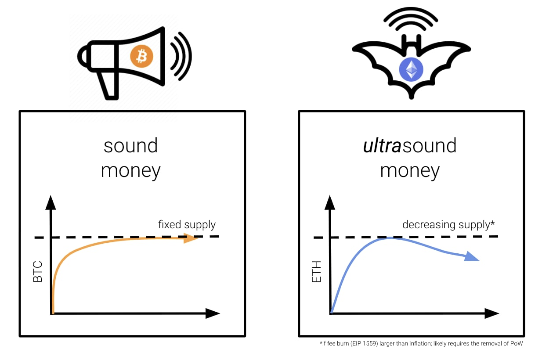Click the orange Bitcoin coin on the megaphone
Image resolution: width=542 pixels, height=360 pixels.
[141, 56]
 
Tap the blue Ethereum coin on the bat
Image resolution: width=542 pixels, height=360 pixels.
[411, 69]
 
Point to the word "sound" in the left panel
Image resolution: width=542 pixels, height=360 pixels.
[130, 146]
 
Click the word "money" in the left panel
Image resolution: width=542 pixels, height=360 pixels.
[130, 170]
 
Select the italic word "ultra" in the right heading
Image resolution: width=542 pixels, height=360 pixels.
[382, 146]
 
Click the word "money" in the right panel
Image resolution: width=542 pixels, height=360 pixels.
[410, 170]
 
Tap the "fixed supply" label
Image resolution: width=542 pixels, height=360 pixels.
[187, 225]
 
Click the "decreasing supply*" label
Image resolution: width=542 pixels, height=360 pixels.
[448, 225]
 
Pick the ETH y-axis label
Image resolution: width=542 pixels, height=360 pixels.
[316, 272]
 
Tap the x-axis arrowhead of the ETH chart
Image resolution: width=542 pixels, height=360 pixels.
[491, 313]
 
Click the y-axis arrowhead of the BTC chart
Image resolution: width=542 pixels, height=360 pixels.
[51, 202]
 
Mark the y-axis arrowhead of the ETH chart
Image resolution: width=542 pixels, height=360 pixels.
[330, 202]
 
